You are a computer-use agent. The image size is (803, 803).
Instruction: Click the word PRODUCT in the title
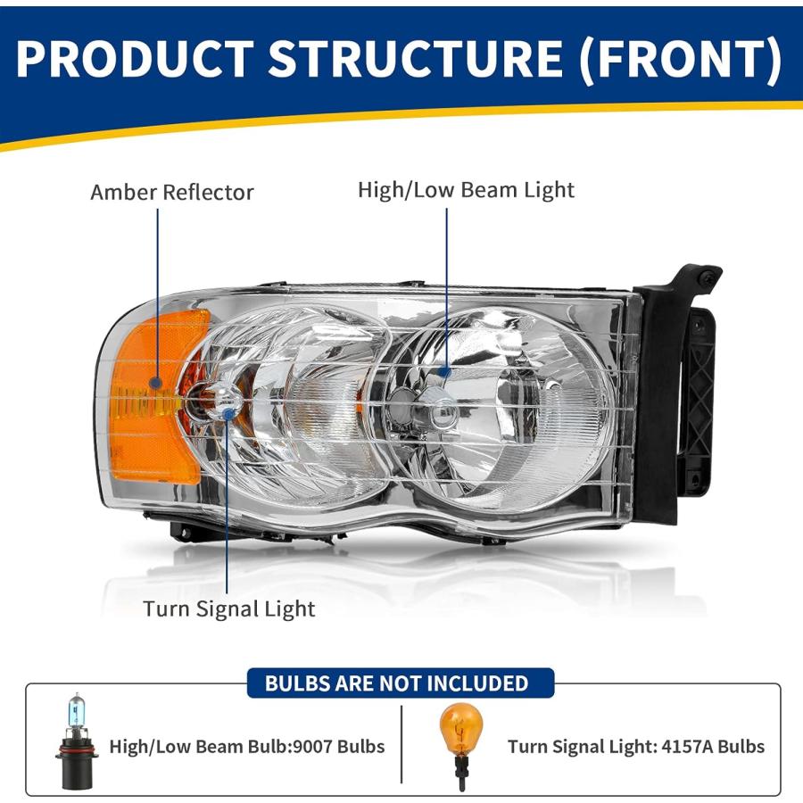(x=136, y=58)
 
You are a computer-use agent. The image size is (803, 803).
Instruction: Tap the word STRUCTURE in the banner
(x=416, y=58)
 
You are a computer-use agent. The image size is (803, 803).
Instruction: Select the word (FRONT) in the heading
(x=682, y=59)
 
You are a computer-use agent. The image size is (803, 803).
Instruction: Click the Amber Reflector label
(x=172, y=193)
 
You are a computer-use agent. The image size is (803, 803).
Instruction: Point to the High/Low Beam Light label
(x=466, y=191)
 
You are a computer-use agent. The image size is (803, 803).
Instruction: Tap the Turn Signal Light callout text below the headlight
(x=229, y=609)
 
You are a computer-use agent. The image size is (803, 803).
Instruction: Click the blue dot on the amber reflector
(x=157, y=382)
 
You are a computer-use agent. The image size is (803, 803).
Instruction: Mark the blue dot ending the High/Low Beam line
(x=446, y=372)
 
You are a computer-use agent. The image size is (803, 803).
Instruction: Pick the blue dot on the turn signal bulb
(x=228, y=412)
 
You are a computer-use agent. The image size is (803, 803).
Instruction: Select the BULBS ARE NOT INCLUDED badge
(x=401, y=683)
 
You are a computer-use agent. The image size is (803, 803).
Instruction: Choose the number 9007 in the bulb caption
(x=312, y=747)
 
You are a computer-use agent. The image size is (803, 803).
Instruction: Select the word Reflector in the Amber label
(x=208, y=193)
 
